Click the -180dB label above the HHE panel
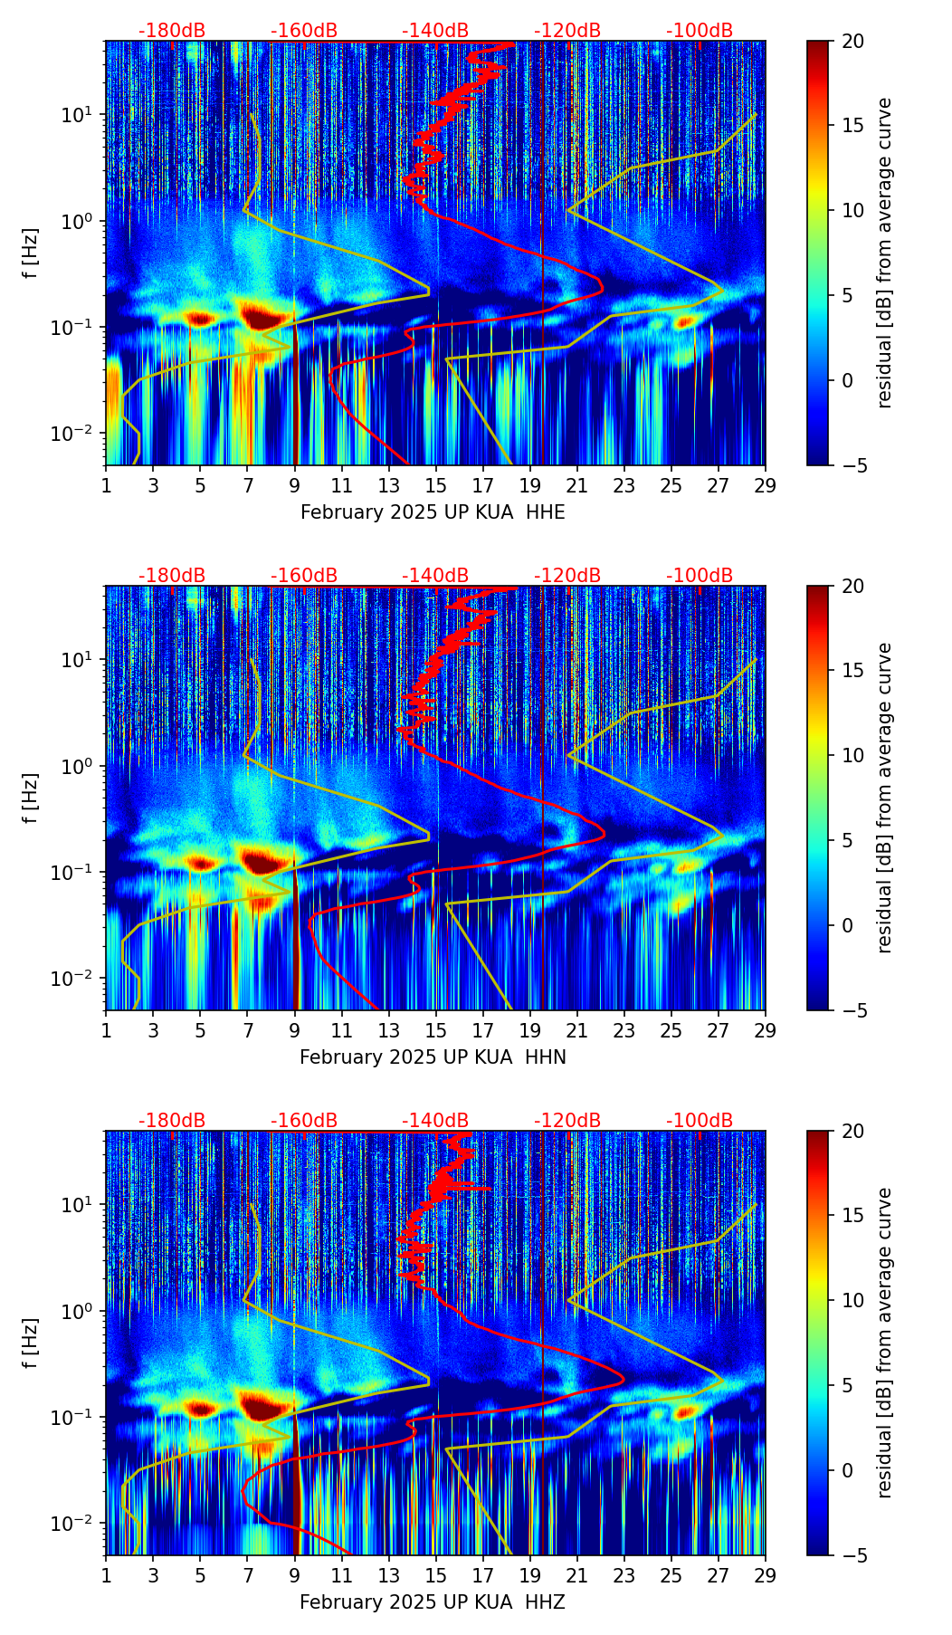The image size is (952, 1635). tap(172, 31)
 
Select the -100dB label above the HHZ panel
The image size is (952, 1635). tap(700, 1121)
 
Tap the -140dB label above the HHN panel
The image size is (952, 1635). tap(435, 576)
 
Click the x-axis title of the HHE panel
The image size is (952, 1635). tap(433, 512)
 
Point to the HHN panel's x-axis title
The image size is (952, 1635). tap(433, 1057)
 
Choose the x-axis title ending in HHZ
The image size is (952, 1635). tap(433, 1602)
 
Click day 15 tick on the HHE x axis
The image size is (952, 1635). tap(436, 484)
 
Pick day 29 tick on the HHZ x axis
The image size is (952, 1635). tap(766, 1574)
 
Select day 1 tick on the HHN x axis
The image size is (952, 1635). tap(106, 1029)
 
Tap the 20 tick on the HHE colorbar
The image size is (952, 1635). tap(852, 42)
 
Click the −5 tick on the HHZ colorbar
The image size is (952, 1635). tap(852, 1555)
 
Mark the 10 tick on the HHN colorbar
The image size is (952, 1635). tap(852, 755)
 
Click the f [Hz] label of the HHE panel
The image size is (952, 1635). tap(31, 253)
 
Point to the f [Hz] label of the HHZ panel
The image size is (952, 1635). tap(31, 1343)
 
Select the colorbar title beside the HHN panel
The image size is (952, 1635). tap(885, 798)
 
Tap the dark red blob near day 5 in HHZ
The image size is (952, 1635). tap(199, 1409)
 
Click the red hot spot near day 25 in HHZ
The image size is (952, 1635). tap(685, 1410)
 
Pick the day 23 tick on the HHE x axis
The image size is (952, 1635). tap(624, 484)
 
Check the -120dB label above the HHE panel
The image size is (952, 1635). tap(567, 31)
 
